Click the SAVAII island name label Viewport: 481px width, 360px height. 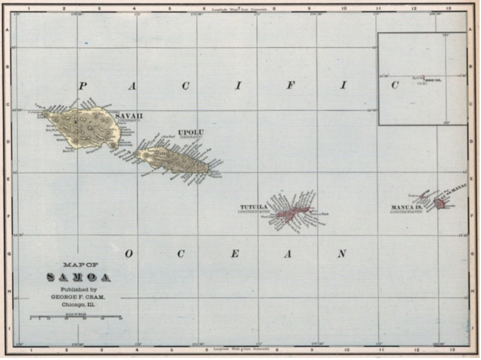pyautogui.click(x=129, y=116)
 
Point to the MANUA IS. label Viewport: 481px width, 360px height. pyautogui.click(x=407, y=207)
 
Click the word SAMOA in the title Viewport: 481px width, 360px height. pyautogui.click(x=79, y=277)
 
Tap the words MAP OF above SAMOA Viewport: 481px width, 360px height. pyautogui.click(x=79, y=265)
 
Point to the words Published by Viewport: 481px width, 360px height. pyautogui.click(x=78, y=290)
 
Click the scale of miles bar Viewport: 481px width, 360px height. pyautogui.click(x=76, y=318)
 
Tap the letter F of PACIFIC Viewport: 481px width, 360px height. pyautogui.click(x=290, y=86)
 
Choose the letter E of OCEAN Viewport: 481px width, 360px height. pyautogui.click(x=234, y=254)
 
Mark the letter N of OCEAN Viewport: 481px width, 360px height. pyautogui.click(x=342, y=253)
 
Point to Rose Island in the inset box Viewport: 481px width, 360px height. pyautogui.click(x=424, y=78)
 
